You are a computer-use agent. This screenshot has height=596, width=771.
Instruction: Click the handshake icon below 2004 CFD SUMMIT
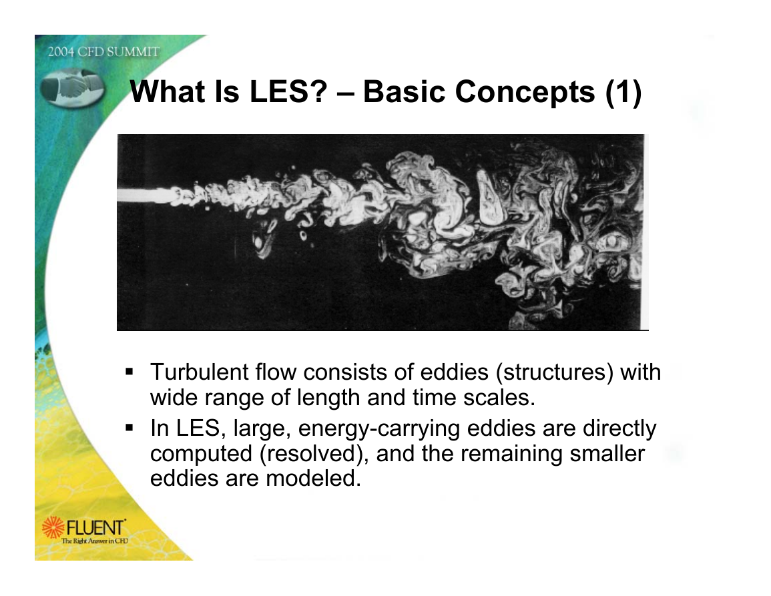[x=72, y=87]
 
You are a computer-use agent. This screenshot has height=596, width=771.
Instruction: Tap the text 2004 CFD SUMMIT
[x=103, y=51]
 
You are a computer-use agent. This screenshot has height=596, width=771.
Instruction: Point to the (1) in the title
[x=623, y=93]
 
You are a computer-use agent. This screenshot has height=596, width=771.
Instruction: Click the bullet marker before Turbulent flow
[x=130, y=371]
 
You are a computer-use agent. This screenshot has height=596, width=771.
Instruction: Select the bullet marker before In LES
[x=130, y=427]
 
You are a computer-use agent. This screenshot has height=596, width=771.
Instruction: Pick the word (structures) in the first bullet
[x=555, y=372]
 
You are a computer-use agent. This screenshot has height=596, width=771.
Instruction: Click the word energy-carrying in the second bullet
[x=379, y=429]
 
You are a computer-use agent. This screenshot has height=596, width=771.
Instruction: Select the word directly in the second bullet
[x=619, y=428]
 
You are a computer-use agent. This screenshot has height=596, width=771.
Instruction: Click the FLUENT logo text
[x=95, y=528]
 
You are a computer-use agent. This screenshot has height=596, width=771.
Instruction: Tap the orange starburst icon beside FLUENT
[x=53, y=527]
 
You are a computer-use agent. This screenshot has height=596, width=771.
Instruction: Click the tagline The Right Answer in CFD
[x=94, y=541]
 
